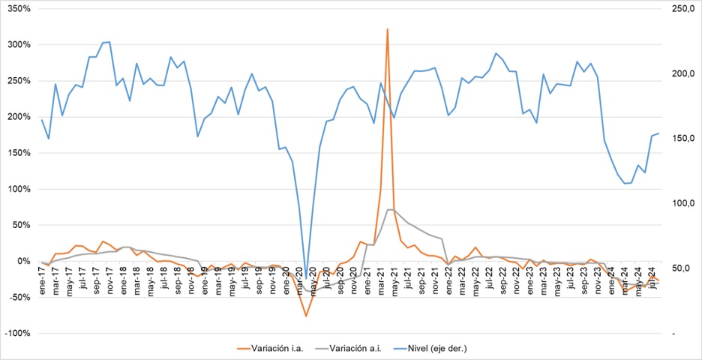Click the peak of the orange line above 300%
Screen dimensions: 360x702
[x=387, y=29]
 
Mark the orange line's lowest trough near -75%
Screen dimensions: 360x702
[x=306, y=316]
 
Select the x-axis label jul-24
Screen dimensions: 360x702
[x=652, y=286]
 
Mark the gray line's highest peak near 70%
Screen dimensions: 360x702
[x=391, y=209]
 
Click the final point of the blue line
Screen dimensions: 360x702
[x=658, y=133]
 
